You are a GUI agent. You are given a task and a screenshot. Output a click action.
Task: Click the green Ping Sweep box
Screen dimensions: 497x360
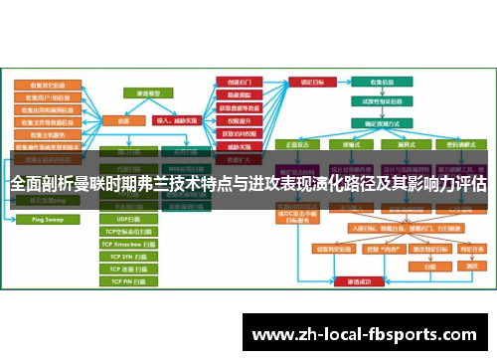pos(41,217)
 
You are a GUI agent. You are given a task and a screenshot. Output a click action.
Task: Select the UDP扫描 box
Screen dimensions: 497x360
pos(128,217)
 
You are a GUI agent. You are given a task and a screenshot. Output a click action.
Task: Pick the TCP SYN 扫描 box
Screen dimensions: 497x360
pos(128,256)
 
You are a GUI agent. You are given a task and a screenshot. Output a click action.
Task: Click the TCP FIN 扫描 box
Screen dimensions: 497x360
pos(128,281)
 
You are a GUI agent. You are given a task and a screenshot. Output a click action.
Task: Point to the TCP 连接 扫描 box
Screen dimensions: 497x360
pos(128,269)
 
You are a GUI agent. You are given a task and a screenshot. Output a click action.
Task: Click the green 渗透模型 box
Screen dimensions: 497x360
pos(148,91)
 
